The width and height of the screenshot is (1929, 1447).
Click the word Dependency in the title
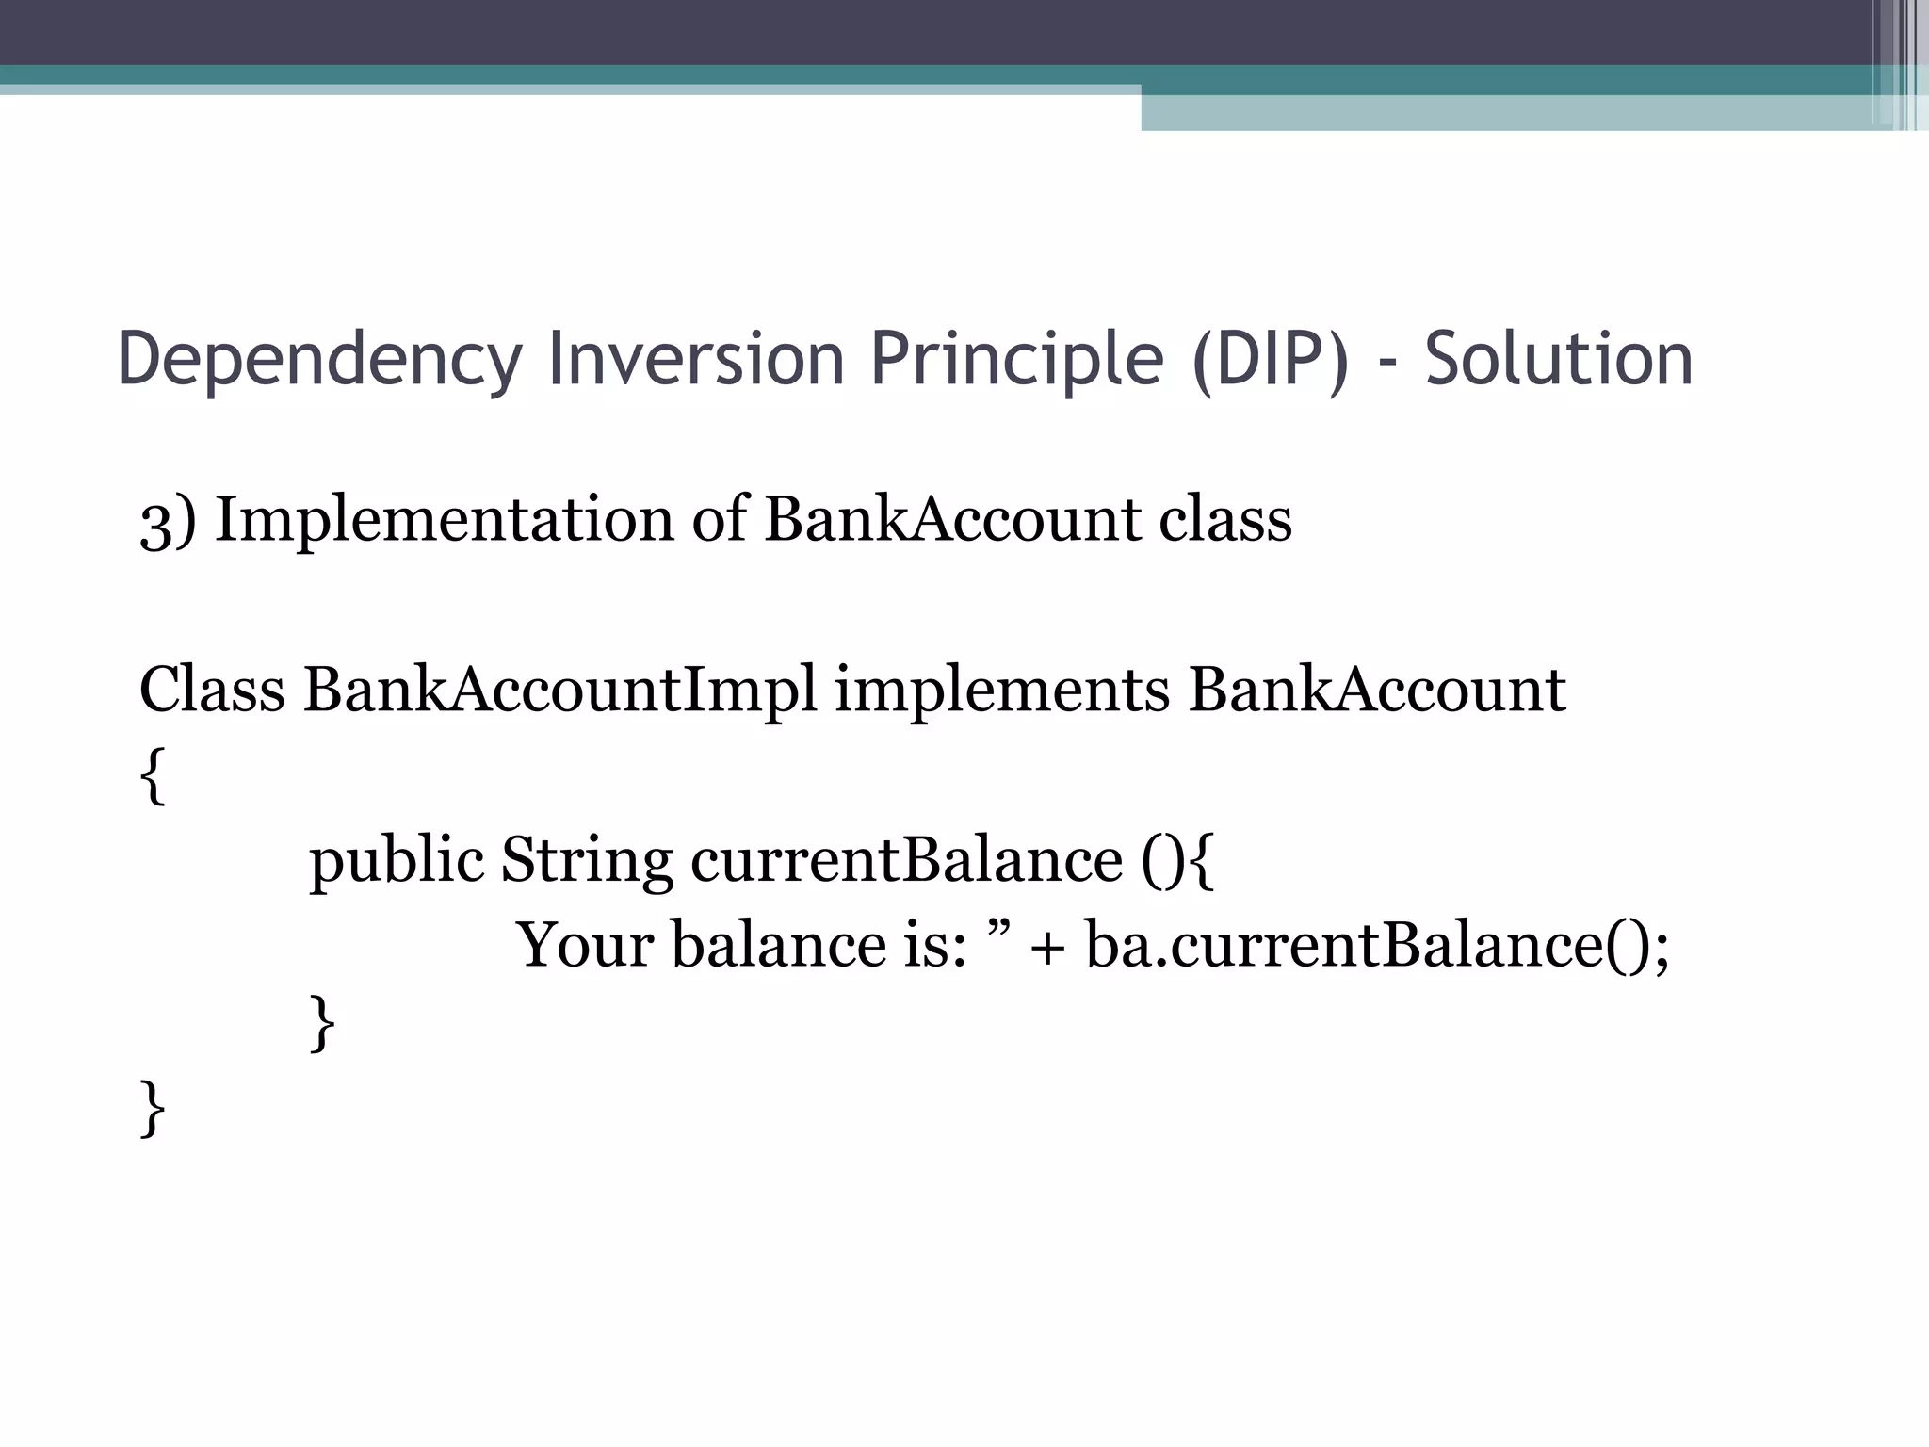(319, 360)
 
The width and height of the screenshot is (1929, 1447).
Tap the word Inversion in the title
(696, 360)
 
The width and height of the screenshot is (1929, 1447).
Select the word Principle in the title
(1017, 360)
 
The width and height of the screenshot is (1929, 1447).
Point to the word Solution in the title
(1559, 360)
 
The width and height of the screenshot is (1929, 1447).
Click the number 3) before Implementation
(169, 521)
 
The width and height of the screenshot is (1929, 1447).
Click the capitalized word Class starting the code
(212, 690)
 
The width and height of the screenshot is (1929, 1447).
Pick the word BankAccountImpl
(560, 690)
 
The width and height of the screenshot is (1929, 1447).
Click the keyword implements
(1002, 690)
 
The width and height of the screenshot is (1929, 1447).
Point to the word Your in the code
(585, 945)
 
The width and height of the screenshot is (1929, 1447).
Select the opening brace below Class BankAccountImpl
(153, 776)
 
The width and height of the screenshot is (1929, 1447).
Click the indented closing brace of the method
(322, 1025)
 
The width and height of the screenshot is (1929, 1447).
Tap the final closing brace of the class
(153, 1110)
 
